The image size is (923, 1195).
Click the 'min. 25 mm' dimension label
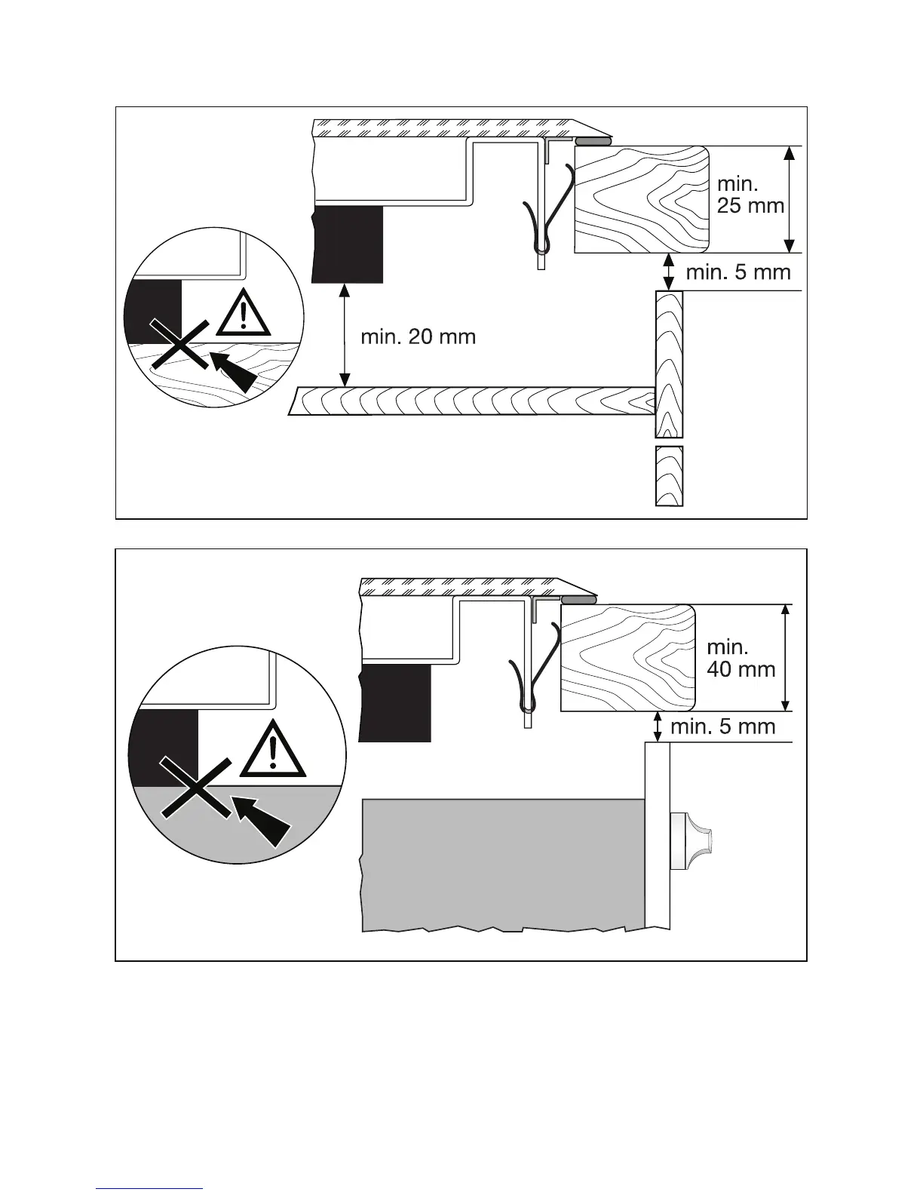click(x=750, y=195)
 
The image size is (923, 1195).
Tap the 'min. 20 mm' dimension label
click(x=418, y=336)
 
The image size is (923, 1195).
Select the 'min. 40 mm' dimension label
click(x=741, y=657)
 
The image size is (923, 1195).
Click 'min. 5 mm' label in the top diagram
click(x=737, y=272)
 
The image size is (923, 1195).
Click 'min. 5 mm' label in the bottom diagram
click(x=722, y=727)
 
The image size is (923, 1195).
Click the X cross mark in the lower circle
click(x=195, y=787)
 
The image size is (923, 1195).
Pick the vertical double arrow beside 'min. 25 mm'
click(x=789, y=199)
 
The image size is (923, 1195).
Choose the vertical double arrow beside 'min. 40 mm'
click(x=786, y=657)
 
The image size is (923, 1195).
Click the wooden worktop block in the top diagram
click(x=641, y=199)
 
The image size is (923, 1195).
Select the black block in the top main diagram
click(x=348, y=243)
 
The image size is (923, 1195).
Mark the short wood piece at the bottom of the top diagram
click(x=669, y=476)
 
